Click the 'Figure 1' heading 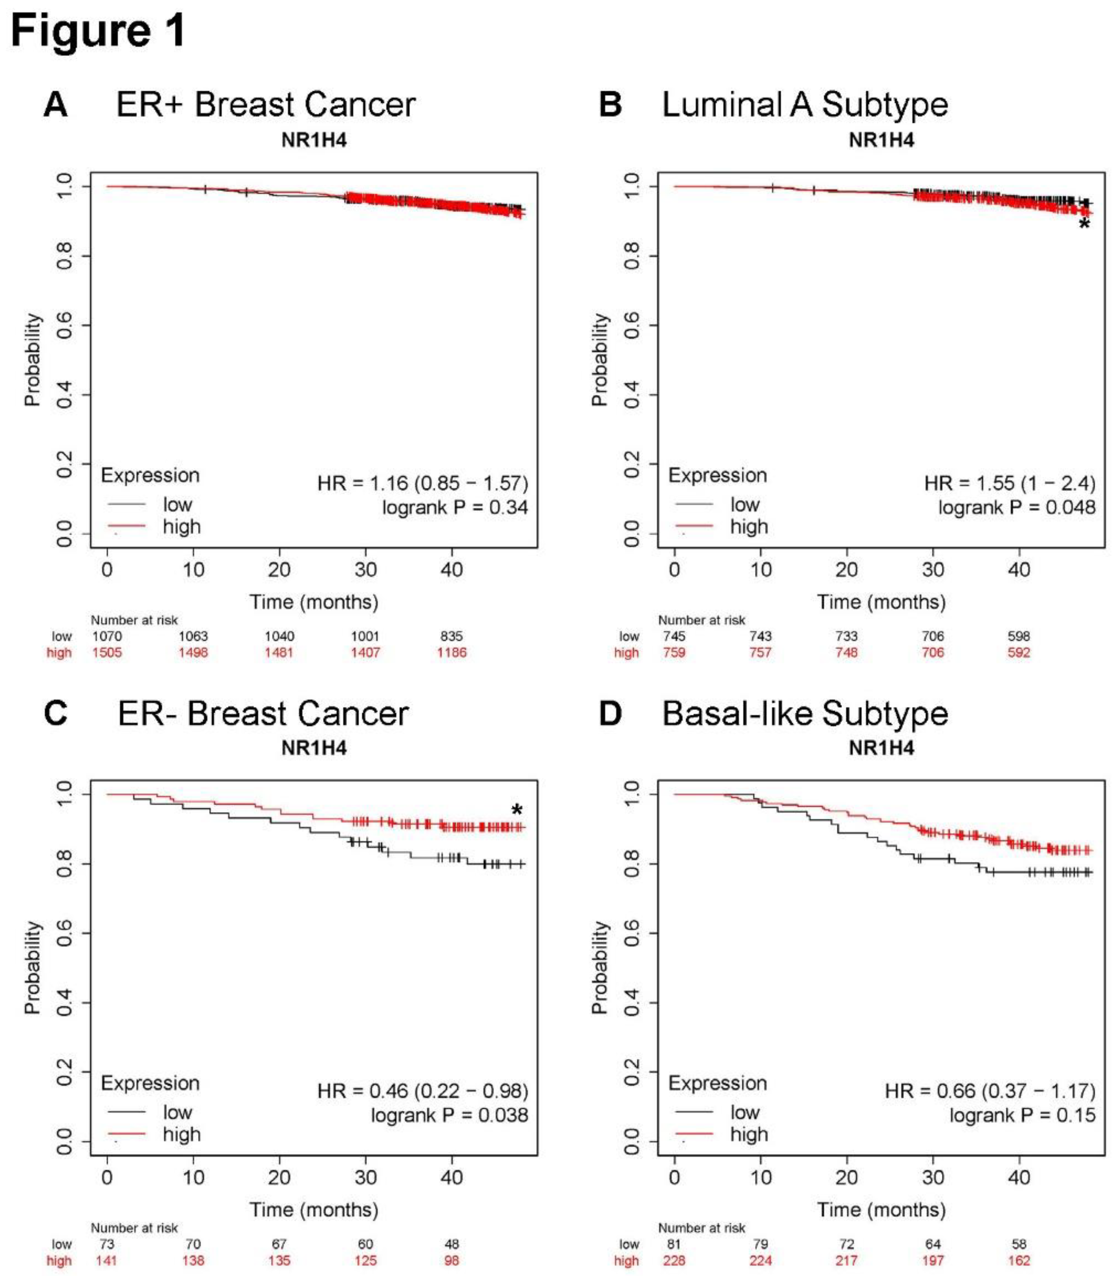tap(98, 31)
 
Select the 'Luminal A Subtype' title tap(805, 104)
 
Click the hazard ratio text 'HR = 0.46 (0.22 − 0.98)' tap(423, 1091)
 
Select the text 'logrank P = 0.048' tap(1017, 507)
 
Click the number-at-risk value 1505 tap(107, 652)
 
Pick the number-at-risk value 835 tap(451, 636)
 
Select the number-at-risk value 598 tap(1019, 636)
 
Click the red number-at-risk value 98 tap(451, 1260)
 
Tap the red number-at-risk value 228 tap(674, 1260)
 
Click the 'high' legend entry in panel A tap(181, 527)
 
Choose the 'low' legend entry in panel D tap(745, 1112)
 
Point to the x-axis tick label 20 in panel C tap(279, 1177)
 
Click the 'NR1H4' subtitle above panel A tap(314, 140)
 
